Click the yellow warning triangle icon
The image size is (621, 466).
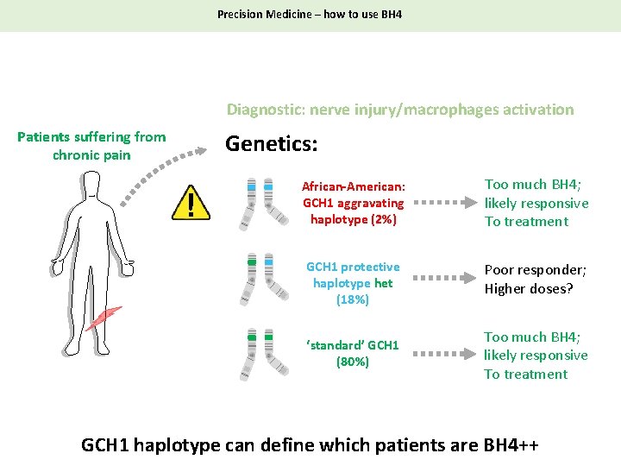(191, 205)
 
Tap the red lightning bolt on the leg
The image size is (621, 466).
(103, 318)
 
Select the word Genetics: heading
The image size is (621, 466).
(271, 144)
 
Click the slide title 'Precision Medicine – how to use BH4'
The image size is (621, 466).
(310, 15)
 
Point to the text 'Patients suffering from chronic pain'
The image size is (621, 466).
(91, 146)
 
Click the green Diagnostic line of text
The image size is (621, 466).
(399, 110)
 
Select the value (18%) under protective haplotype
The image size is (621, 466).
(353, 299)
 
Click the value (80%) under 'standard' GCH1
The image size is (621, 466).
(353, 362)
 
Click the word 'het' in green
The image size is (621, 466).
(383, 283)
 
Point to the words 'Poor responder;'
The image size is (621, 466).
(535, 269)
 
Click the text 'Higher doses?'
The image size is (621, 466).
(528, 288)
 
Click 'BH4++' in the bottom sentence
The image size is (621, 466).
(511, 445)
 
